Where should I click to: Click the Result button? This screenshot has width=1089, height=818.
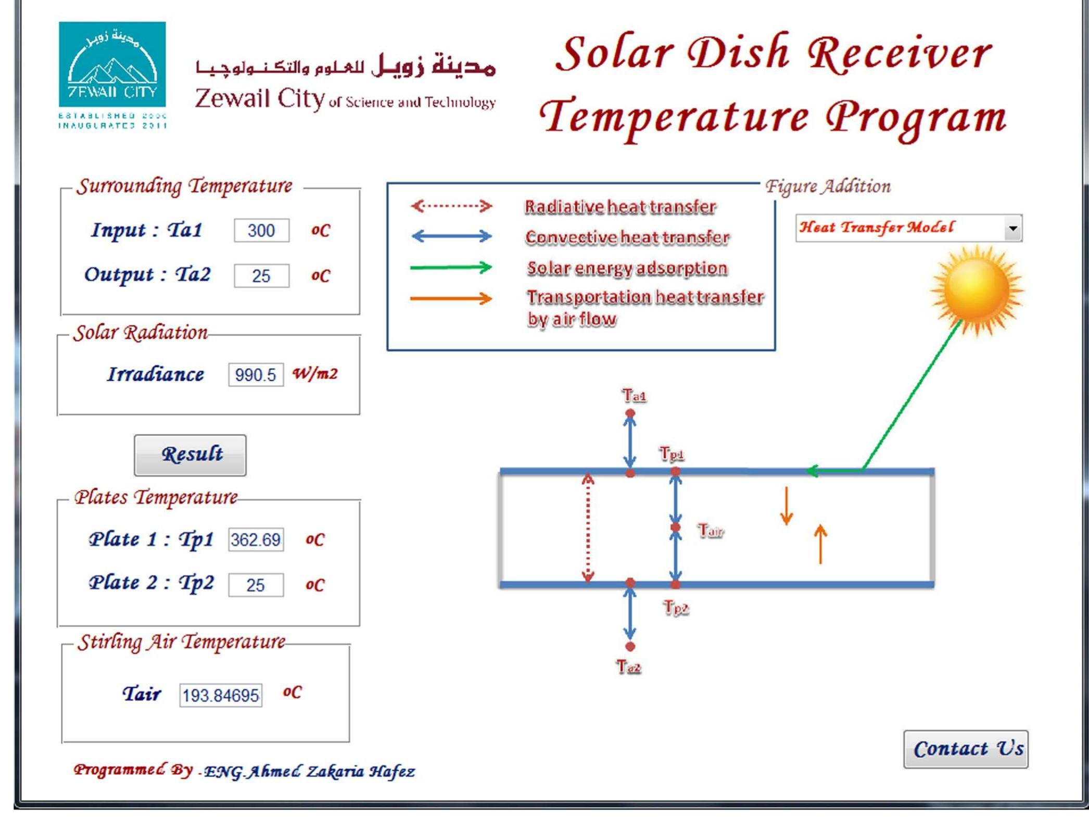point(190,455)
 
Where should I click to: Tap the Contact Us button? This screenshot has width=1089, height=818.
point(966,749)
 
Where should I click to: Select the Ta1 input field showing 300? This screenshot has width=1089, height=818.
point(261,230)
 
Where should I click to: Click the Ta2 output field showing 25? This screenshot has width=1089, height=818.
point(261,275)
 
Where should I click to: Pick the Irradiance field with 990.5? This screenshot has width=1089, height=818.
point(256,374)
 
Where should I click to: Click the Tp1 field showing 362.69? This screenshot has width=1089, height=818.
point(256,539)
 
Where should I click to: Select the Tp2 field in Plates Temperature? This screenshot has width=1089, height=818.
point(256,585)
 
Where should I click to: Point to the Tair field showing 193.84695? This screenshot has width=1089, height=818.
point(221,695)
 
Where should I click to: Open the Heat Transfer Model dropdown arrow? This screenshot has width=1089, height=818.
point(1012,228)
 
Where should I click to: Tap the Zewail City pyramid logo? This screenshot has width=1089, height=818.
point(112,65)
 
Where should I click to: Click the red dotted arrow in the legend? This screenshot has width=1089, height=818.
point(451,206)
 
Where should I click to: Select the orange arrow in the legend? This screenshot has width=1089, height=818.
point(451,298)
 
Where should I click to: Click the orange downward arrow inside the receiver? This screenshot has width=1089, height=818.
point(786,505)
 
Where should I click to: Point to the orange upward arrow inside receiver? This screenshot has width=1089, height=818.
point(820,544)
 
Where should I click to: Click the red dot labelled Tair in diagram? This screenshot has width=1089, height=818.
point(676,527)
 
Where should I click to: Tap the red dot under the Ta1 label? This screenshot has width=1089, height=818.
point(630,413)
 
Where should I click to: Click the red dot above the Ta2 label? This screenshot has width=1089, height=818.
point(630,646)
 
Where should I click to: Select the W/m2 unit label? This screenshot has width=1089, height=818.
point(315,373)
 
